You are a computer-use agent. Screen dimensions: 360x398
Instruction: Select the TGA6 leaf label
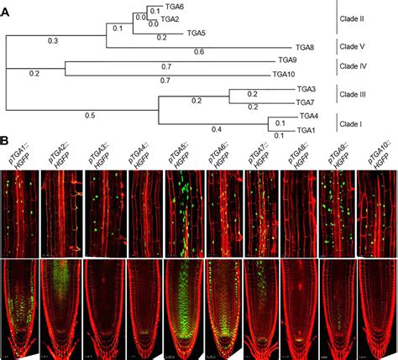click(x=175, y=7)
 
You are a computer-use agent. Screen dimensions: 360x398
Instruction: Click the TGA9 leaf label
click(x=287, y=60)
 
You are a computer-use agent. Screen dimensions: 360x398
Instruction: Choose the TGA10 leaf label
click(x=285, y=74)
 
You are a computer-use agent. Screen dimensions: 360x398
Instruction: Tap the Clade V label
click(x=360, y=46)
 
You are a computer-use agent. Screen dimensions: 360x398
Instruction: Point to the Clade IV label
click(x=361, y=65)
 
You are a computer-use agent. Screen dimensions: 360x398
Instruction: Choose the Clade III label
click(x=362, y=95)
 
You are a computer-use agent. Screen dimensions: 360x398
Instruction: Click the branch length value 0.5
click(x=90, y=115)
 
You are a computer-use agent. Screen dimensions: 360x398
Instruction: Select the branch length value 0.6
click(x=199, y=53)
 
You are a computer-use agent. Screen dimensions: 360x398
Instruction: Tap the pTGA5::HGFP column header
click(x=179, y=155)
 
